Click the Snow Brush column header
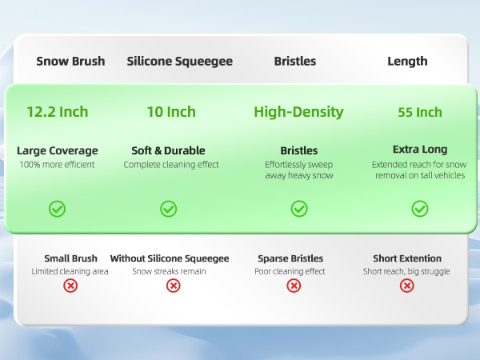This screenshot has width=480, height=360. coord(70,61)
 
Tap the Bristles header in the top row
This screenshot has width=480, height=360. coord(295,61)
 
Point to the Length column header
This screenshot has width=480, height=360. coord(407,61)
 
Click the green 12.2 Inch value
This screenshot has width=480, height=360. coord(57,111)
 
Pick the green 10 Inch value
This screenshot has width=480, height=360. coord(171,111)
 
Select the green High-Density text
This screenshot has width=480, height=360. coord(298,111)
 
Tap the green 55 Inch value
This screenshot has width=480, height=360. coord(420,112)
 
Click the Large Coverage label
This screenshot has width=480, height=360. coord(58,150)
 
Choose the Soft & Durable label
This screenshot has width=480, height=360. coord(168,150)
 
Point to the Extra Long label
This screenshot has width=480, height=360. coord(420,150)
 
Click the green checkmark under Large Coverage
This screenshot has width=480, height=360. coord(58,209)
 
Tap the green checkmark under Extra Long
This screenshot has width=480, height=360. coord(420,209)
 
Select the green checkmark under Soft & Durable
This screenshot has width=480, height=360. coord(169,209)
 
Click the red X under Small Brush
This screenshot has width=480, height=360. coord(70,286)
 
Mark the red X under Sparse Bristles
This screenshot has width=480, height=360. coord(294,286)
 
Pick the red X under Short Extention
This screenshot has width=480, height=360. coord(407,286)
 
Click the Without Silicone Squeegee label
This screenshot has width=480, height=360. coord(170,258)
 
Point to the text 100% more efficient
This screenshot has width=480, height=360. coord(58,165)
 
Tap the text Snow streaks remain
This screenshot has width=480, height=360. coord(169,271)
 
